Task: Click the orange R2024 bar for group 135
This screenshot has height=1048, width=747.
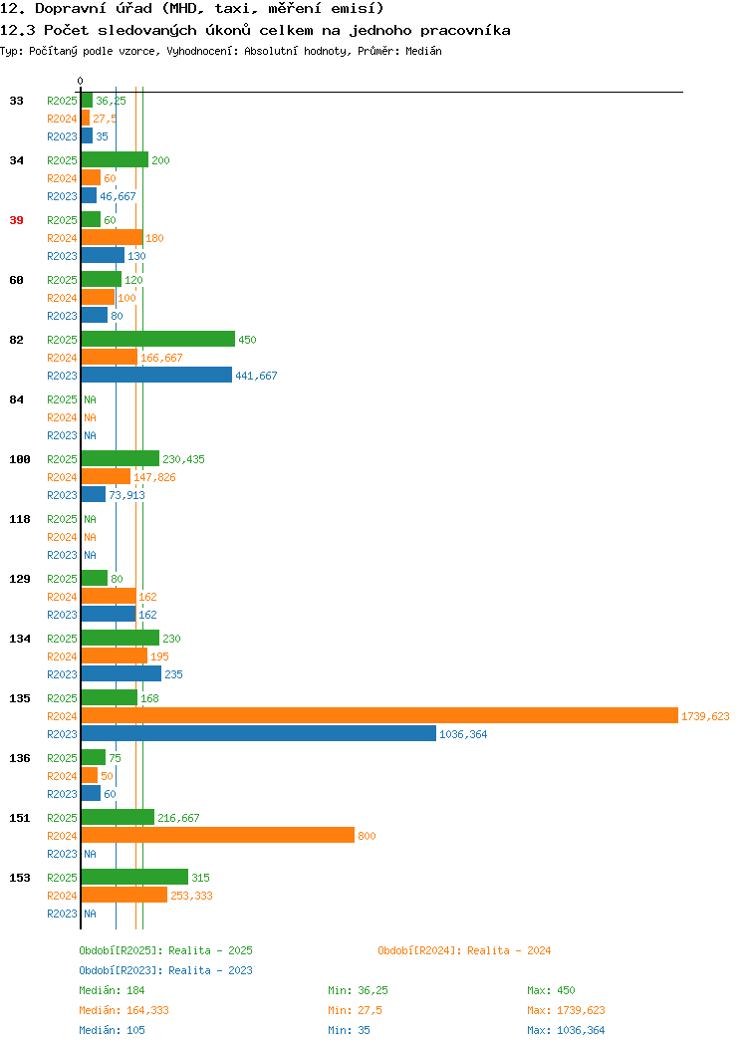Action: (379, 716)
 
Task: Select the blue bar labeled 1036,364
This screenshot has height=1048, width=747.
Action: (259, 734)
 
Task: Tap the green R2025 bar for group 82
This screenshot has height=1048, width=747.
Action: (158, 340)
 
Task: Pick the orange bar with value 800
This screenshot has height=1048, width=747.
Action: (218, 836)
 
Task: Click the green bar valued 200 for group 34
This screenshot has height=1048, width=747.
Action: (115, 160)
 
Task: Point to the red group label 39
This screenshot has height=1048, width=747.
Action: (16, 220)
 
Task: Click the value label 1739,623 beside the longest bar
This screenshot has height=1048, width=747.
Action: (705, 716)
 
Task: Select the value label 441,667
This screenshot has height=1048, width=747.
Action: (256, 376)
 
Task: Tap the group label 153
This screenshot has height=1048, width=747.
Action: (19, 879)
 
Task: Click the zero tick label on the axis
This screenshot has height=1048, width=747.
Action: (81, 82)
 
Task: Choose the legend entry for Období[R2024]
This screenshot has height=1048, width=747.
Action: (464, 950)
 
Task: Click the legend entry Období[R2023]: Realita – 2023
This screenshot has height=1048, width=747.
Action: (165, 970)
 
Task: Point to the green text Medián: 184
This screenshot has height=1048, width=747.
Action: (112, 990)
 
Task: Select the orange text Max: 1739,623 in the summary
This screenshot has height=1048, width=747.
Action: (566, 1010)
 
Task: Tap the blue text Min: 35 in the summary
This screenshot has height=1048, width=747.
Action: (349, 1031)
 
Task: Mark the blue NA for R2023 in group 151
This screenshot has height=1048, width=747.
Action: (91, 854)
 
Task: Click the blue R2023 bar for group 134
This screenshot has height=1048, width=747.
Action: (122, 673)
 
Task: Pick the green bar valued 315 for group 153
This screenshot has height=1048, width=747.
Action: (135, 877)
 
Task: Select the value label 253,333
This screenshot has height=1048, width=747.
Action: (192, 896)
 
